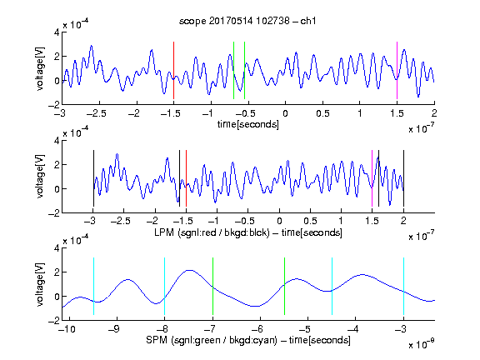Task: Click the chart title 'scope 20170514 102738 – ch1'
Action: [x=247, y=21]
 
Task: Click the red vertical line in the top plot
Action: [x=173, y=70]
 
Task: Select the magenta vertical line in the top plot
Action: [x=397, y=70]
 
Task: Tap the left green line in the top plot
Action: [x=233, y=70]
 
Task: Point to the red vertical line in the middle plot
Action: [x=186, y=178]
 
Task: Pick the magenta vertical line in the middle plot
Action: [x=372, y=178]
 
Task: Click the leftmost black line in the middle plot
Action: [x=93, y=178]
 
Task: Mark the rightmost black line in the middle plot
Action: [x=403, y=178]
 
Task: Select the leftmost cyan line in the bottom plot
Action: [x=93, y=286]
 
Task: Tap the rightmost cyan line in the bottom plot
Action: [x=403, y=286]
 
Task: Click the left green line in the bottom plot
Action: [x=212, y=286]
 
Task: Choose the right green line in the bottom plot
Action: [x=284, y=286]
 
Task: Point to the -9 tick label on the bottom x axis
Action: [x=114, y=329]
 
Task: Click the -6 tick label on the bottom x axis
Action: [x=257, y=329]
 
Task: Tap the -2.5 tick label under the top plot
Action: [x=97, y=113]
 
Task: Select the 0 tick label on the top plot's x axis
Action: [x=285, y=113]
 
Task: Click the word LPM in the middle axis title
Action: [x=163, y=232]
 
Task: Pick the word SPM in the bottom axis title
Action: [x=157, y=340]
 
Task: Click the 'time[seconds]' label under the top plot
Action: [x=248, y=124]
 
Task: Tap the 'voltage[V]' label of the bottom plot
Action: [x=40, y=284]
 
